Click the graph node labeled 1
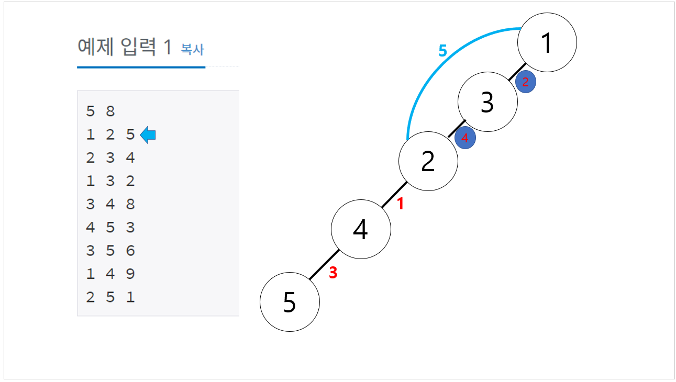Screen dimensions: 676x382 [x=547, y=42]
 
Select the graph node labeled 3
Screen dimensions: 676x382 [x=487, y=102]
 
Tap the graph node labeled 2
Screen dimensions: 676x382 [x=428, y=161]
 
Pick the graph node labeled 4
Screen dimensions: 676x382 [x=361, y=229]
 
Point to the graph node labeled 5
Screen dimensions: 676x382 [x=290, y=301]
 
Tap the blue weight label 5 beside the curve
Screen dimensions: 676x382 [x=442, y=51]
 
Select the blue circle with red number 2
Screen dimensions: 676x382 [x=525, y=82]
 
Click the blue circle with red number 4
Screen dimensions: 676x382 [x=465, y=138]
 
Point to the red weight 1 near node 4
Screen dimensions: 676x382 [x=401, y=204]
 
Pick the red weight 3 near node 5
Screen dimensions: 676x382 [x=333, y=273]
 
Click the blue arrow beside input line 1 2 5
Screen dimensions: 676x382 [x=148, y=135]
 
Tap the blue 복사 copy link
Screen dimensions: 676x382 [x=192, y=50]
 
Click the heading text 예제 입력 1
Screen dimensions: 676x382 [x=124, y=48]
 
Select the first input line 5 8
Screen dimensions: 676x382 [x=101, y=111]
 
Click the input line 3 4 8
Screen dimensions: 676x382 [x=110, y=204]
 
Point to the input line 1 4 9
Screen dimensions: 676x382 [x=110, y=274]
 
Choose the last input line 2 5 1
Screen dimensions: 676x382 [x=110, y=297]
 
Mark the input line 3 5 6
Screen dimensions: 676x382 [x=110, y=251]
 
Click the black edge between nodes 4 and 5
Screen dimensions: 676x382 [x=324, y=265]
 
